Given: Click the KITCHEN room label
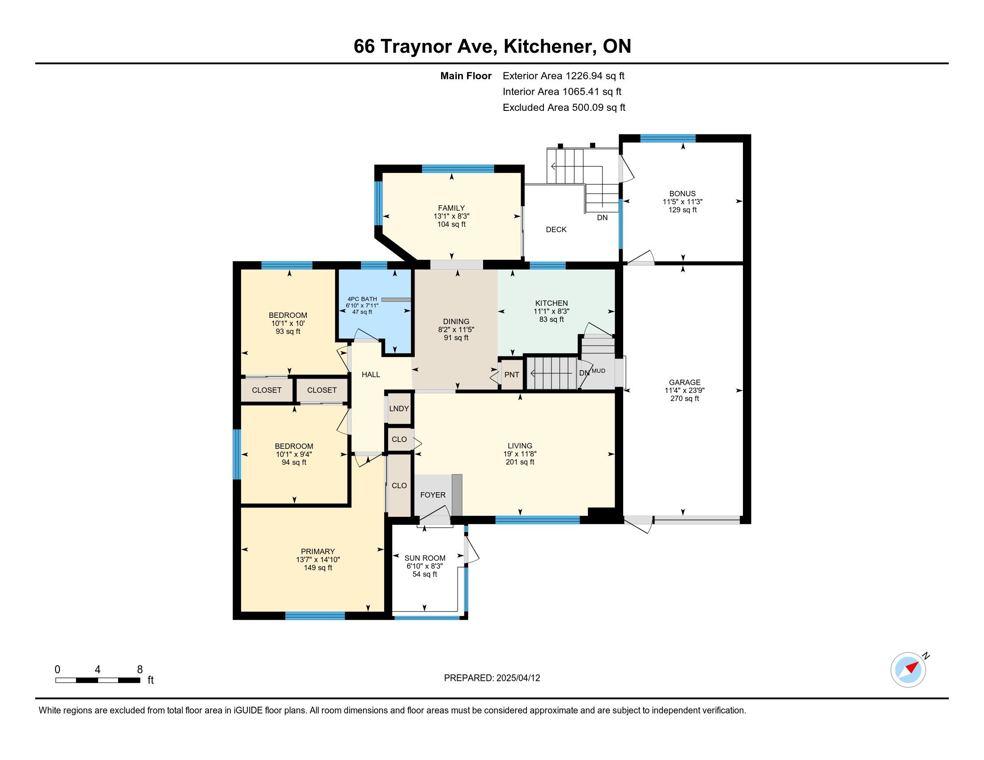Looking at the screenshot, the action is tap(551, 303).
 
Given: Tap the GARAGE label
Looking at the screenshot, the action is tap(684, 382).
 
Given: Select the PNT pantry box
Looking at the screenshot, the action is tap(512, 374).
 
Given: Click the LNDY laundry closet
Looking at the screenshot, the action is tap(399, 408).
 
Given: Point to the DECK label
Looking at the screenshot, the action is tap(556, 230).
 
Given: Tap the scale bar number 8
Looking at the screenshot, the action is tap(140, 669).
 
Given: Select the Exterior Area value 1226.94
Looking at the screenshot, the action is tap(583, 76).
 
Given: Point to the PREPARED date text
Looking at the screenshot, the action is tap(492, 678).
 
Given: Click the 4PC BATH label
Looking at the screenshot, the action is tap(362, 299).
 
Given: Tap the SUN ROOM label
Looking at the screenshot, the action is tap(425, 558).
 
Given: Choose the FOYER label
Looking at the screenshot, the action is tap(433, 495).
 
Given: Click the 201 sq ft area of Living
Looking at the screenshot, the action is tap(520, 462).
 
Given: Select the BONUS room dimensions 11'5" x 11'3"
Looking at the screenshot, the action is tap(683, 202).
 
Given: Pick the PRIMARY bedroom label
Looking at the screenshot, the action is tap(318, 552).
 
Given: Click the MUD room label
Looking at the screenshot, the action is tap(598, 371).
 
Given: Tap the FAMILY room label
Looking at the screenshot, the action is tap(451, 208).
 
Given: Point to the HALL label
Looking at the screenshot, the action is tap(371, 374).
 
